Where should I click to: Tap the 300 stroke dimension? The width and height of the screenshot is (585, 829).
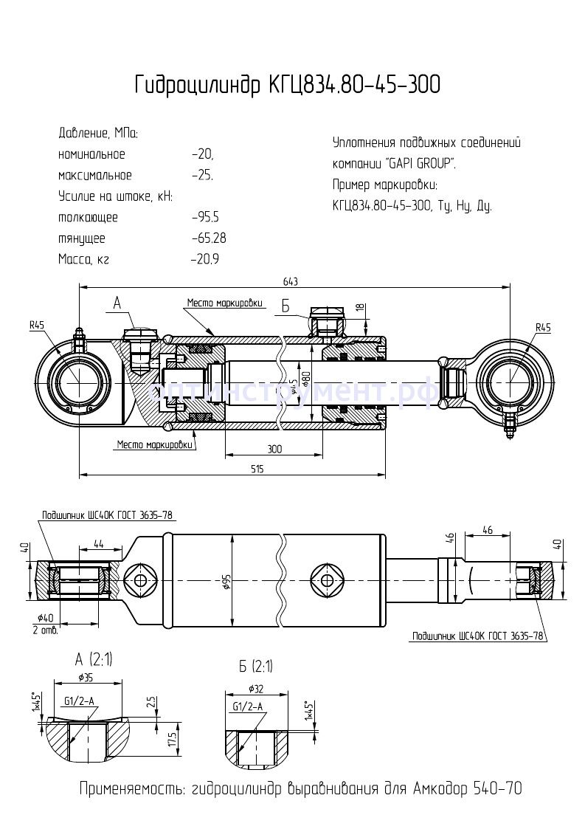(274, 448)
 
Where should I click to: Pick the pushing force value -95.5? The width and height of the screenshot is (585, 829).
(204, 218)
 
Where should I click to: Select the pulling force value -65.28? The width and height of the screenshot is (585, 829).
(208, 238)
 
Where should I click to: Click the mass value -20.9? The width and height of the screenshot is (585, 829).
(204, 259)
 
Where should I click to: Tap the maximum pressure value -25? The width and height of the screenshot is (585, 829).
(201, 176)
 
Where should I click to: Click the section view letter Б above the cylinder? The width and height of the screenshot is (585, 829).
(285, 305)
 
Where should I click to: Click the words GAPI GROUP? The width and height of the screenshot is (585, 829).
(420, 164)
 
